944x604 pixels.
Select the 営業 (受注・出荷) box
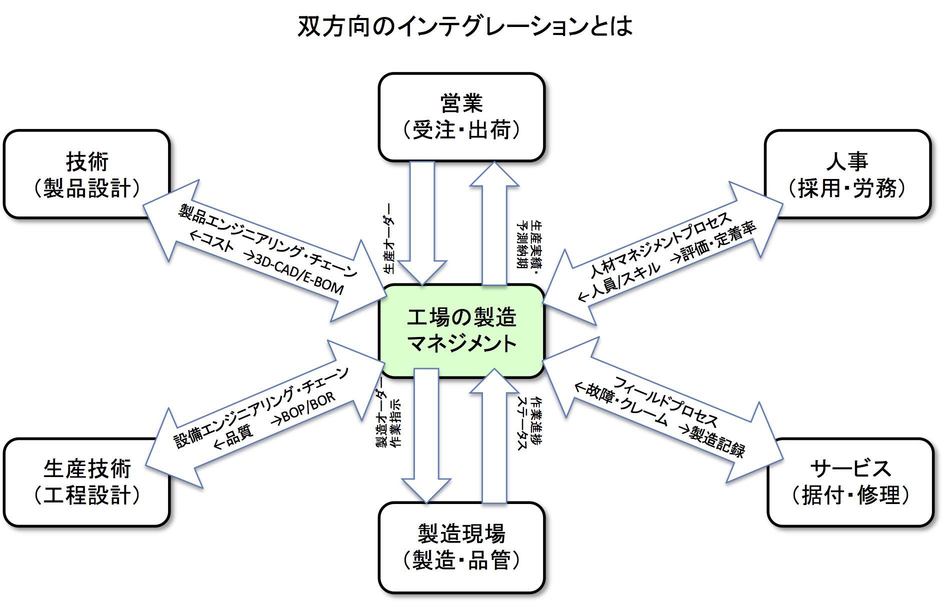pos(461,117)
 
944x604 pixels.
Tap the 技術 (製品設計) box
pos(87,174)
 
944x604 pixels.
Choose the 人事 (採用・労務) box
pos(847,174)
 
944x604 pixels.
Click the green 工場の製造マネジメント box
pos(461,330)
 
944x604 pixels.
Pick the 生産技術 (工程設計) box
pos(87,482)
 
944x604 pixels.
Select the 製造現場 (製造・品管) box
pos(461,547)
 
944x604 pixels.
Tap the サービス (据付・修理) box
pos(850,482)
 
